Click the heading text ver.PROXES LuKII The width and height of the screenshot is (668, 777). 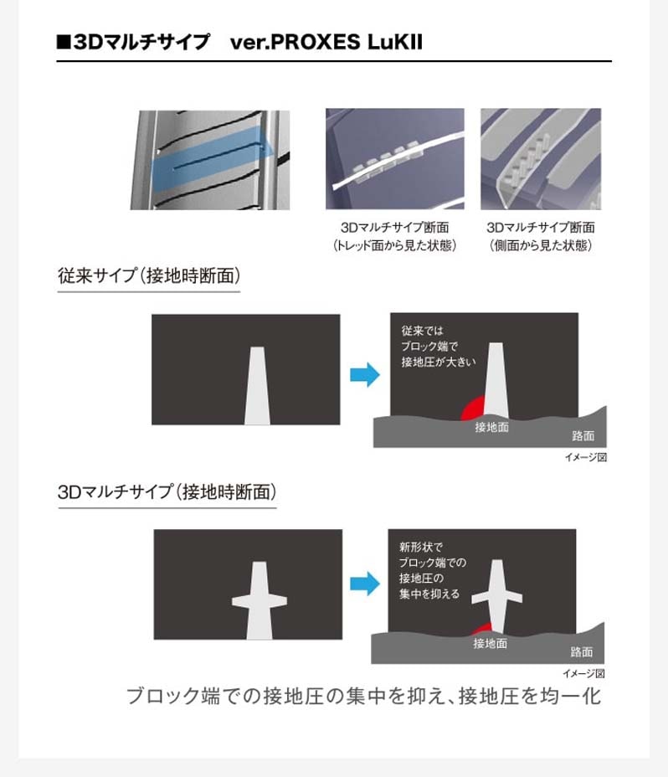point(326,42)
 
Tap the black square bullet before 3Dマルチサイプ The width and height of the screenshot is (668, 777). point(64,42)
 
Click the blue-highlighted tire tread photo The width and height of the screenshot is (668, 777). point(209,160)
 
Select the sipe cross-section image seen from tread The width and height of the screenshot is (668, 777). point(395,158)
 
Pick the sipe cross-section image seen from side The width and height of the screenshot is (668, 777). point(541,158)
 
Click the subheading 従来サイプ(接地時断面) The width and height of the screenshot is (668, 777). point(149,276)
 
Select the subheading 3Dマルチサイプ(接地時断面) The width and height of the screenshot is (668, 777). point(167,492)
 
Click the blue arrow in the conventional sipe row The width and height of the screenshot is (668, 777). point(365,374)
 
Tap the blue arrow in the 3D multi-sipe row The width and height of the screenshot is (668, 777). point(365,584)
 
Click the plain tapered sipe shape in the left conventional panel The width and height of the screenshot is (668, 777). point(257,385)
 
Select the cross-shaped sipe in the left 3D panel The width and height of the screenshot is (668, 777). point(259,600)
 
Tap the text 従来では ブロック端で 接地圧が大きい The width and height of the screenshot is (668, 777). point(438,347)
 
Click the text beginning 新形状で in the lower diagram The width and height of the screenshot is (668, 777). point(432,570)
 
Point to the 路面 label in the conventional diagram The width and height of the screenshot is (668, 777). point(583,436)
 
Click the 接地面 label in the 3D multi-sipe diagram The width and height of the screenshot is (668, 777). point(490,644)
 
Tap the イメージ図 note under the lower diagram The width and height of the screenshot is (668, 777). point(583,673)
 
